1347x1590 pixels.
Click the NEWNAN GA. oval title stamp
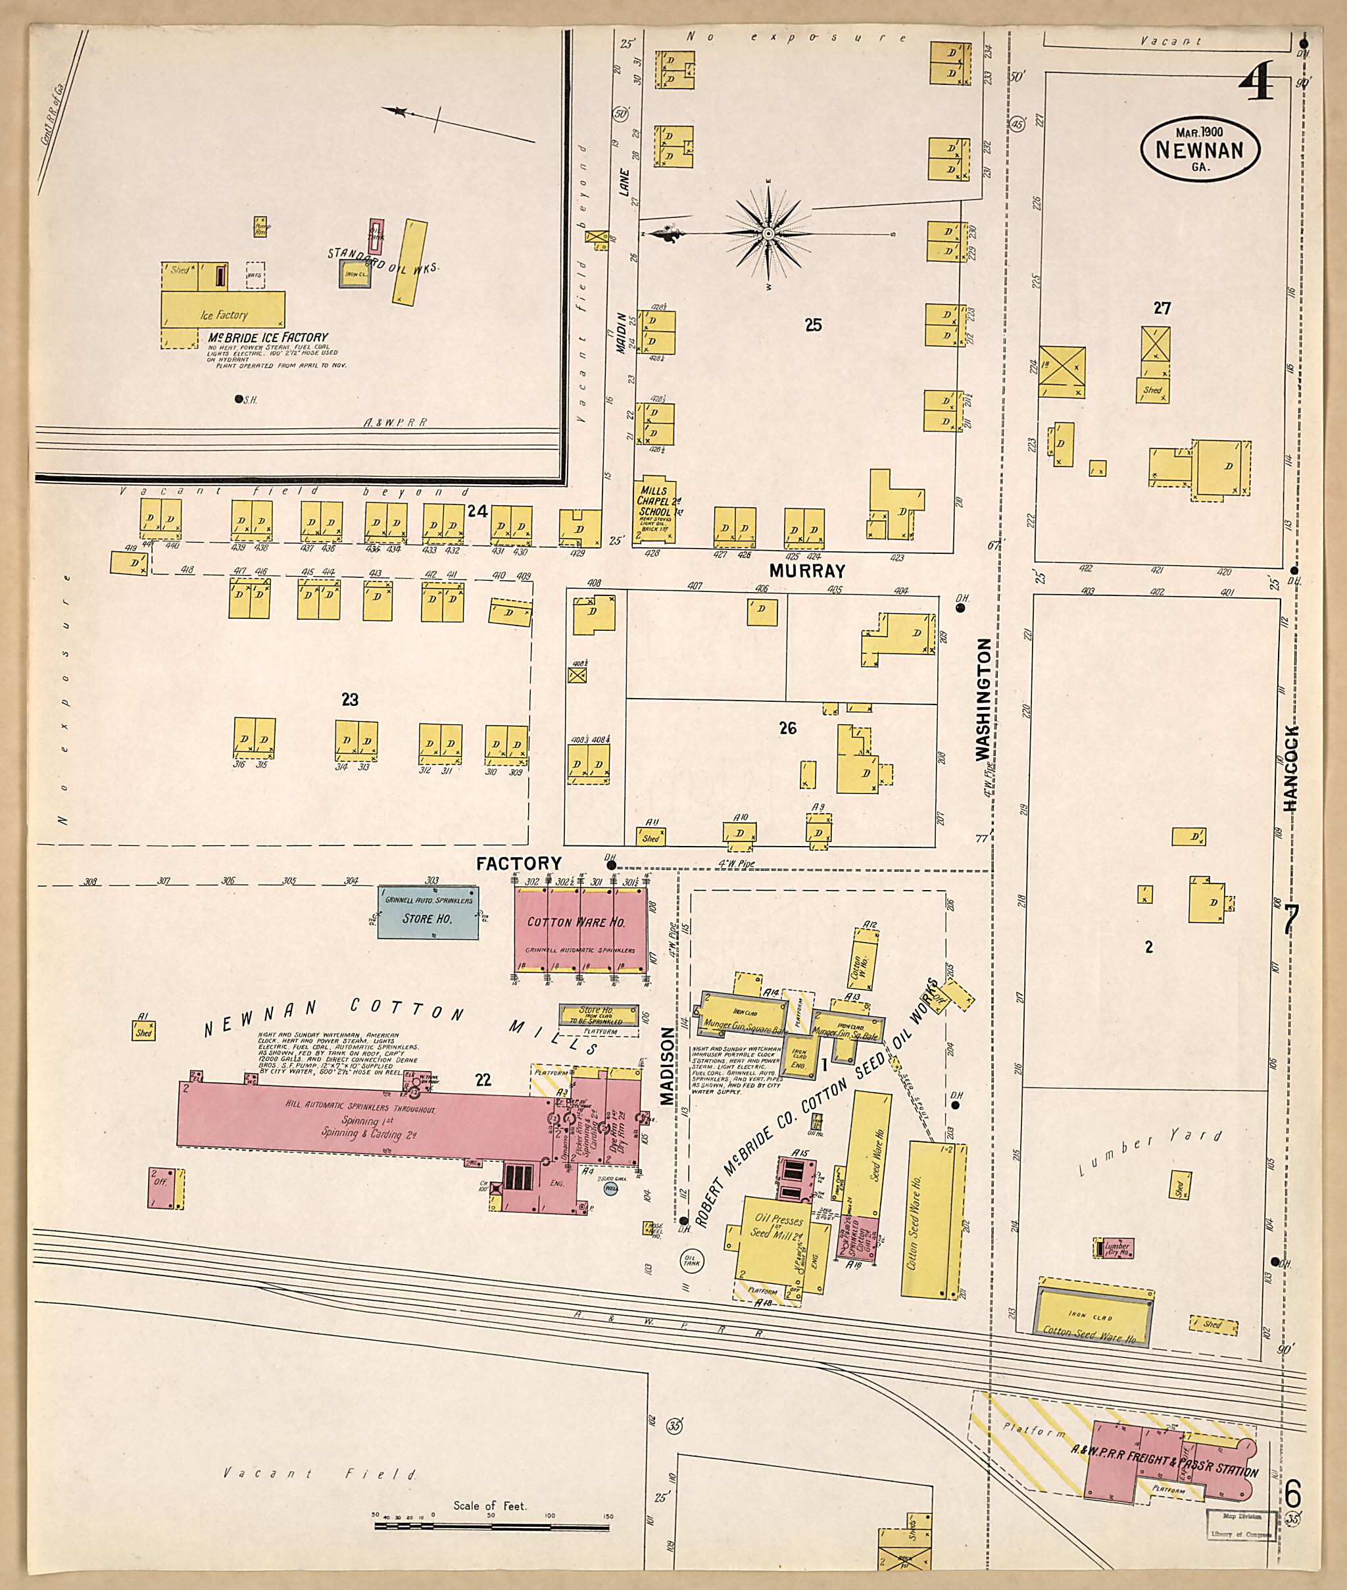point(1200,149)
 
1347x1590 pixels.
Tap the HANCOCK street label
point(1290,768)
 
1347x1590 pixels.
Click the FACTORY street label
point(518,864)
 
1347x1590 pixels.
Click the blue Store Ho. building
point(428,912)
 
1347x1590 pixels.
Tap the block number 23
point(350,699)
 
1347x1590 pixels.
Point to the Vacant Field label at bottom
point(320,1475)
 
